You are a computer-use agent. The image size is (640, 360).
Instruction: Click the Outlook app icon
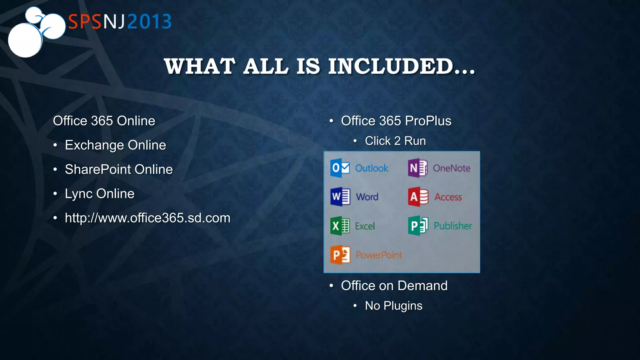point(340,168)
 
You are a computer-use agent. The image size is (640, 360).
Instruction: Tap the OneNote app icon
point(417,168)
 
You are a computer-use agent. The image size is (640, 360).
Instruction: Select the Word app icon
point(340,197)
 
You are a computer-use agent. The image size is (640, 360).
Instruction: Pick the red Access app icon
point(418,197)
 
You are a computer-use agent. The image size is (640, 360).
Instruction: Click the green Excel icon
point(340,226)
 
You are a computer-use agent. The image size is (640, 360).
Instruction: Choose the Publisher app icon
point(418,226)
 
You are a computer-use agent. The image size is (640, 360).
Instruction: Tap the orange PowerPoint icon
point(340,255)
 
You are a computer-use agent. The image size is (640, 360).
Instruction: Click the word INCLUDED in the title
point(391,66)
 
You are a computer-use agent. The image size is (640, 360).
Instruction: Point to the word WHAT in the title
point(200,66)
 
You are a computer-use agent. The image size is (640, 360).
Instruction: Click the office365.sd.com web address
point(147,218)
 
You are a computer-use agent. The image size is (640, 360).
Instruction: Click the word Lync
point(78,194)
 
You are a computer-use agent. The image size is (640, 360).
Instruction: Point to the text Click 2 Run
point(395,141)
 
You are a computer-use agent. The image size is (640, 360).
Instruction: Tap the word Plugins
point(403,306)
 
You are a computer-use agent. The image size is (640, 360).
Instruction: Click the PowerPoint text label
point(379,255)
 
